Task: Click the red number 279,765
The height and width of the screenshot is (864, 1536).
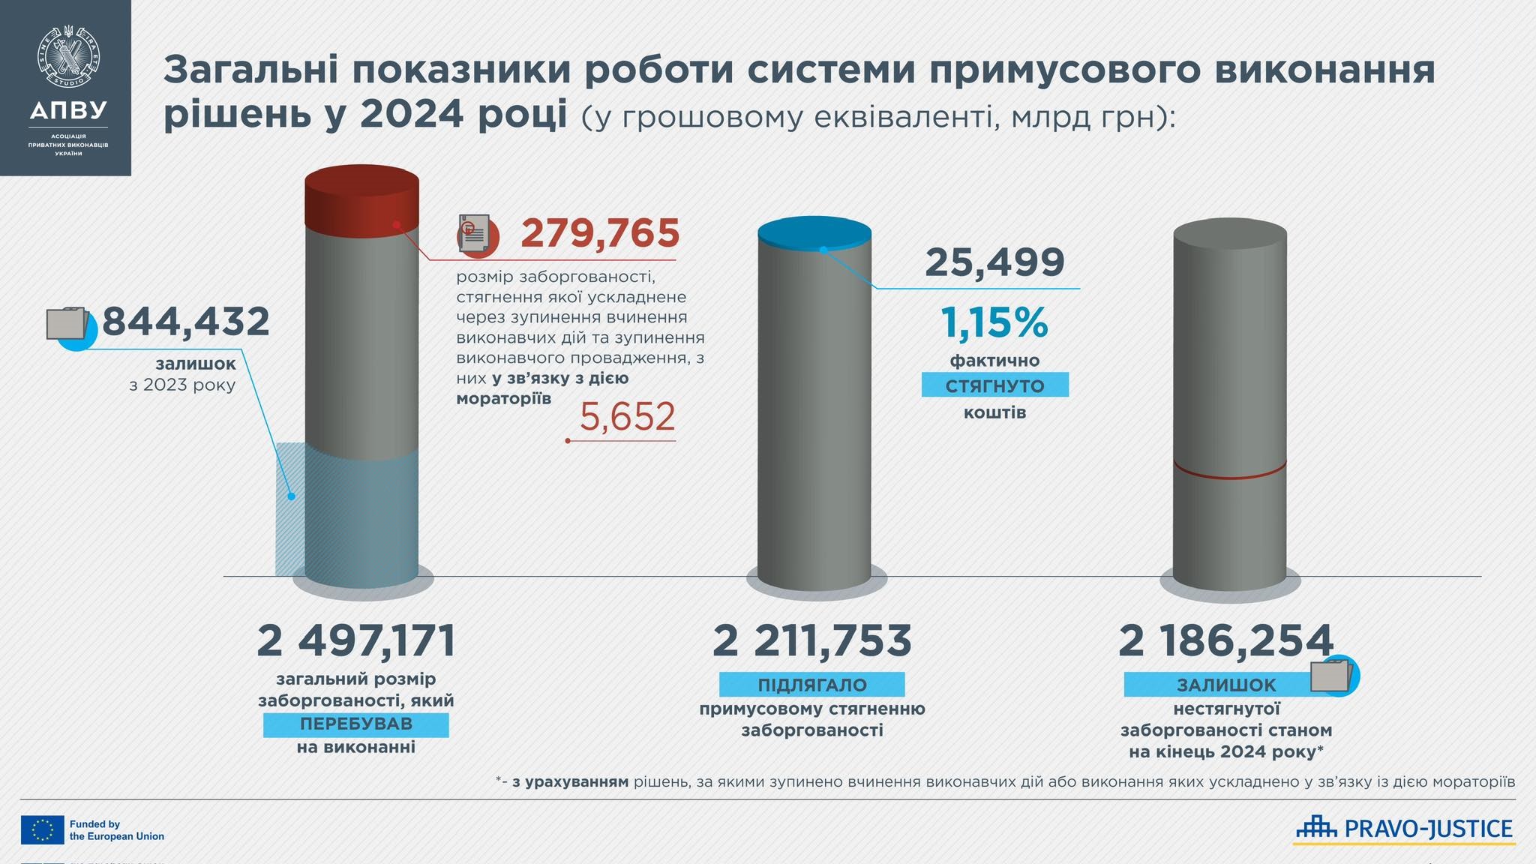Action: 600,233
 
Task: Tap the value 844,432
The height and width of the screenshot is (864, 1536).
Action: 185,322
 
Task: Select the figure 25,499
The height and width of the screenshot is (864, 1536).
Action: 994,262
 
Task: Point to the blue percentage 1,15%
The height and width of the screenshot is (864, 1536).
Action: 994,322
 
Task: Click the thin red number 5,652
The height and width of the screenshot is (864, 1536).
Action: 627,417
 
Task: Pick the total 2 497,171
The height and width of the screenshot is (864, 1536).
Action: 356,641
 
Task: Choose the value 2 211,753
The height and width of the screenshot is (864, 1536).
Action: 812,641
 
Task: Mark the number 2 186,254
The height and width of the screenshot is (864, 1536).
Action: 1225,641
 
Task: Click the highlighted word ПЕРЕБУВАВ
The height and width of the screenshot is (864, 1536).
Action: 356,724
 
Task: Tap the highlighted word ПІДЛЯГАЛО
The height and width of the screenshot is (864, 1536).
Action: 812,685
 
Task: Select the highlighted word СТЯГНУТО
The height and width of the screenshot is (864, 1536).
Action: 994,386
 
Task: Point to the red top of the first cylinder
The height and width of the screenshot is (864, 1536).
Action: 361,196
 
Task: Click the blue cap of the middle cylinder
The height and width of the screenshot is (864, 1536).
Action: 814,230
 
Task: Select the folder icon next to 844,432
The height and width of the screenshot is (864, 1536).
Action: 69,325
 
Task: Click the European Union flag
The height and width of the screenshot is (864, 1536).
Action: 43,829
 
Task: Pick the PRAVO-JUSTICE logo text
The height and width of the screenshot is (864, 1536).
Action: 1428,829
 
